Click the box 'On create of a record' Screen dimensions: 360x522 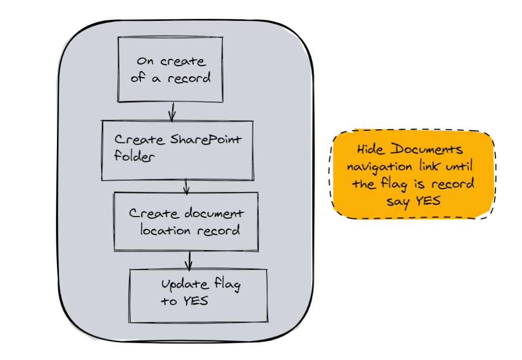[170, 69]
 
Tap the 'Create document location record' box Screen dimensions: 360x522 [186, 221]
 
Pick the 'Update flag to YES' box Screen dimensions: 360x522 [198, 295]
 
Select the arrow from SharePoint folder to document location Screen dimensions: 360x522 [186, 186]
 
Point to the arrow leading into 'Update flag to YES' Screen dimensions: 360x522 [189, 260]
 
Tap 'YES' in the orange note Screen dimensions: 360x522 [428, 201]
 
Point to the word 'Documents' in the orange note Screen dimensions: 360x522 [427, 150]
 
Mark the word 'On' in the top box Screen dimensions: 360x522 [145, 62]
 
